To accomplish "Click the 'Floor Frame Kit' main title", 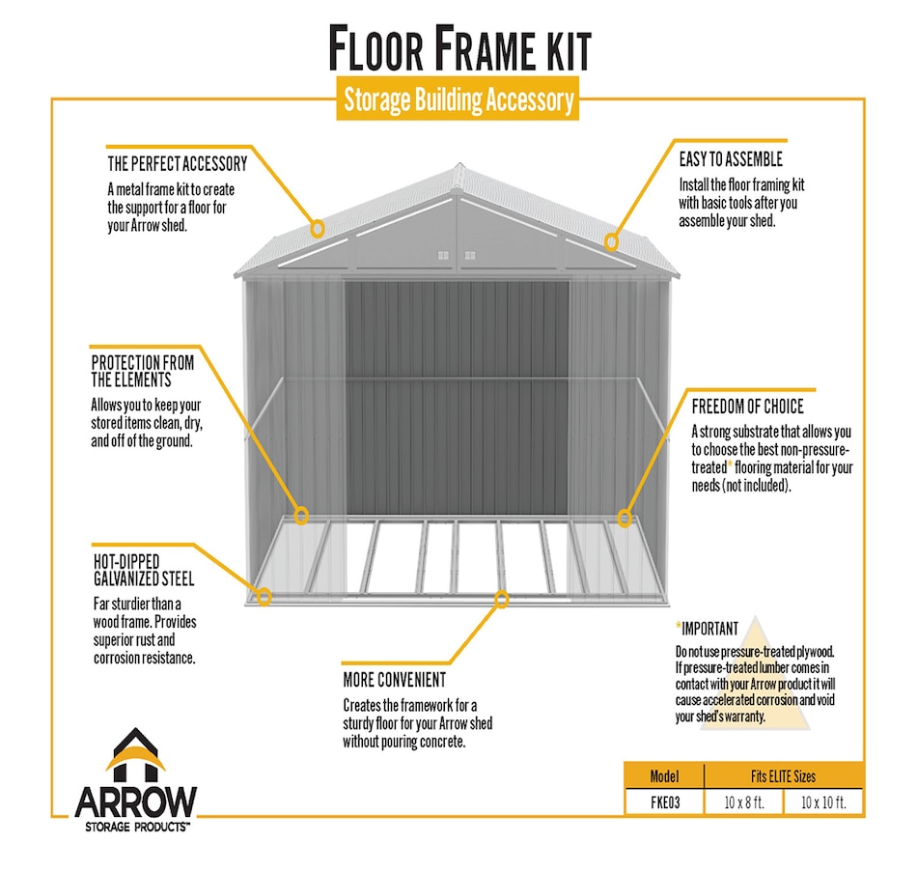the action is point(459,48).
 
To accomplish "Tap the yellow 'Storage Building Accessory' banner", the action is point(458,98).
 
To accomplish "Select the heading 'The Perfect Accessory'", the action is point(178,164).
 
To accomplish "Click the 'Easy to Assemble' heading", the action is point(731,159).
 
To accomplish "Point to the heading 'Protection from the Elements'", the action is point(143,371).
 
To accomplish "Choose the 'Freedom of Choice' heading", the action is point(747,407).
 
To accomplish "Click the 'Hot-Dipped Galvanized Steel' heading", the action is point(144,570).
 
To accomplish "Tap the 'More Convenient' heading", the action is point(395,680).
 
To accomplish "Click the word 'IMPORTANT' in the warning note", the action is point(710,629).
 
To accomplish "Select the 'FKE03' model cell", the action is point(665,802).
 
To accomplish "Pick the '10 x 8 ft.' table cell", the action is point(744,802).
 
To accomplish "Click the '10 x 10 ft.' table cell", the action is point(823,802).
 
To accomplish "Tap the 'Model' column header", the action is point(664,776).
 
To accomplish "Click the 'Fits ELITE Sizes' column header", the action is point(783,776).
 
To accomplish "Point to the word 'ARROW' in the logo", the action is point(136,802).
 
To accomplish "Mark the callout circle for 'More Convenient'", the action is point(501,599).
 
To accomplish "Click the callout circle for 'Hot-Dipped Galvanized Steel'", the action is point(264,597).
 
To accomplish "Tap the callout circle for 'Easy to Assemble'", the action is point(611,241).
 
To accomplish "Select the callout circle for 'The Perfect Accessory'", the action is point(317,228).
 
